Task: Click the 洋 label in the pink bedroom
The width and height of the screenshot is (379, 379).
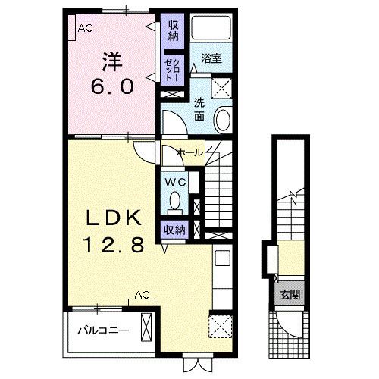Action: click(112, 62)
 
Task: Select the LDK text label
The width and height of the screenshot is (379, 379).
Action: click(114, 218)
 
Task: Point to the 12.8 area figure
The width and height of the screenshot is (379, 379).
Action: click(115, 245)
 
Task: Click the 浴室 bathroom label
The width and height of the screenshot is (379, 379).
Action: click(211, 58)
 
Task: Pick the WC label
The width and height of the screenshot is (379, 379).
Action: click(175, 182)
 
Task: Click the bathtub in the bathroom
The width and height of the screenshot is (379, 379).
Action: click(211, 27)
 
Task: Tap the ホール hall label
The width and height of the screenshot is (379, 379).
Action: click(190, 152)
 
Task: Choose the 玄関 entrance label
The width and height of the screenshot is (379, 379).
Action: click(290, 295)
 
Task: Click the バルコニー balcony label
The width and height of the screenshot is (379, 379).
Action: click(103, 330)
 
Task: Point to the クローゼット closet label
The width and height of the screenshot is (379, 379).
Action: click(173, 70)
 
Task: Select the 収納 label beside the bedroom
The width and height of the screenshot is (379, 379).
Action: click(174, 30)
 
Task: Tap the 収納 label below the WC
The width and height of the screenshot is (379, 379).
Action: click(174, 230)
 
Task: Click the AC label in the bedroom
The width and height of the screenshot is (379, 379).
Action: click(85, 28)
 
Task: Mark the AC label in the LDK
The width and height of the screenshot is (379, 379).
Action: click(143, 295)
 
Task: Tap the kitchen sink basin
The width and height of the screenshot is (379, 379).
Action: click(222, 258)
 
